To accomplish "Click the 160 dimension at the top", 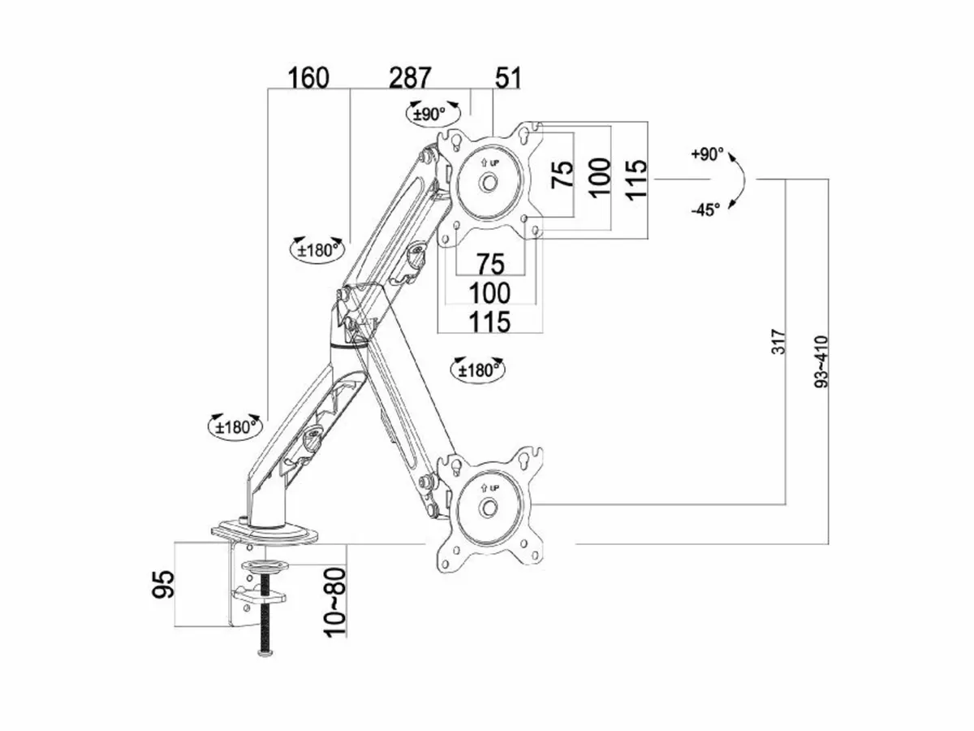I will (x=308, y=78).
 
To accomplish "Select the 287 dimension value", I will (x=411, y=78).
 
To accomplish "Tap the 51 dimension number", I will (x=507, y=78).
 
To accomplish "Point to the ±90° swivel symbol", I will (x=428, y=113).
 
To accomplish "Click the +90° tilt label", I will (x=707, y=154).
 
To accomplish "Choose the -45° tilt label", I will (x=705, y=210).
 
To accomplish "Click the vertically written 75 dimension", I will (x=562, y=175).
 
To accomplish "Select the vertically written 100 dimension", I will (x=598, y=176).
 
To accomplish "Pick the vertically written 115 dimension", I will (x=636, y=176).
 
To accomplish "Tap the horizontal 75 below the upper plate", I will (x=489, y=264).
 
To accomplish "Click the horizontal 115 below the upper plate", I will (x=489, y=322).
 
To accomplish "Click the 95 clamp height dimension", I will (x=165, y=584).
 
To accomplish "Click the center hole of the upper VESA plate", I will (x=489, y=183).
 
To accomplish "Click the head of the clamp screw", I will (x=265, y=653).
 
